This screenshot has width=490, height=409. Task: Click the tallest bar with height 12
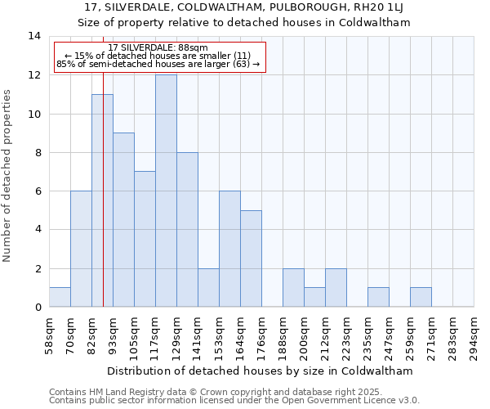pos(166,191)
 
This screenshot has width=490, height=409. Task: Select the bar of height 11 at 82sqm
pos(102,201)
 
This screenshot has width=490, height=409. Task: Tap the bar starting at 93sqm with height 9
pos(123,220)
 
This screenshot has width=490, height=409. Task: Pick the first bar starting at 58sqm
pos(60,298)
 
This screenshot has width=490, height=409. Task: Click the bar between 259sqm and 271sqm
pos(421,298)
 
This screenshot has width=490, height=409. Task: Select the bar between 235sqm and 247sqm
pos(378,298)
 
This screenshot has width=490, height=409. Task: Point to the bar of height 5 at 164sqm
pos(251,258)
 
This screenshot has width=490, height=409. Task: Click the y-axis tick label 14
pos(34,36)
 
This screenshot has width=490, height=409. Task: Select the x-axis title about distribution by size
pos(260,371)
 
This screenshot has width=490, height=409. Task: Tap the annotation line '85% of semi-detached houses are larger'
pos(158,64)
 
